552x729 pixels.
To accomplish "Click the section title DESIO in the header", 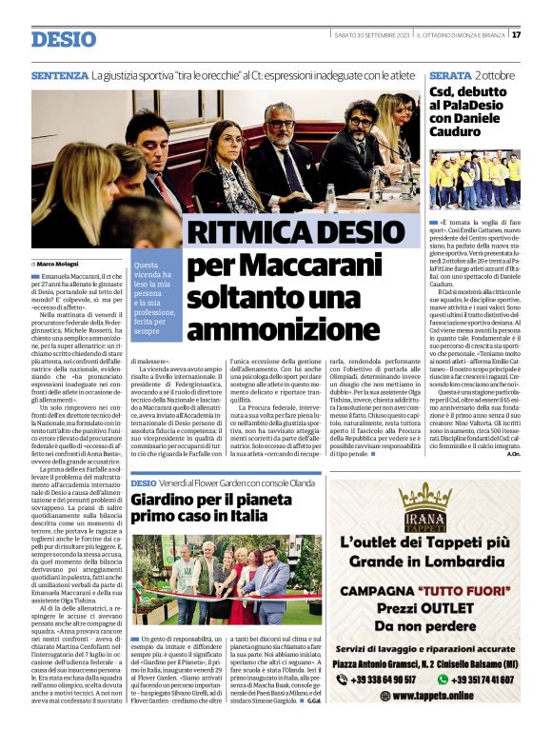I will point(63,39).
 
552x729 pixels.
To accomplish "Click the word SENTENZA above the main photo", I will point(59,74).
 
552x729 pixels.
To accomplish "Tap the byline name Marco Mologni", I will point(59,263).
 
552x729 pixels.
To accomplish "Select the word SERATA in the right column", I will point(450,74).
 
